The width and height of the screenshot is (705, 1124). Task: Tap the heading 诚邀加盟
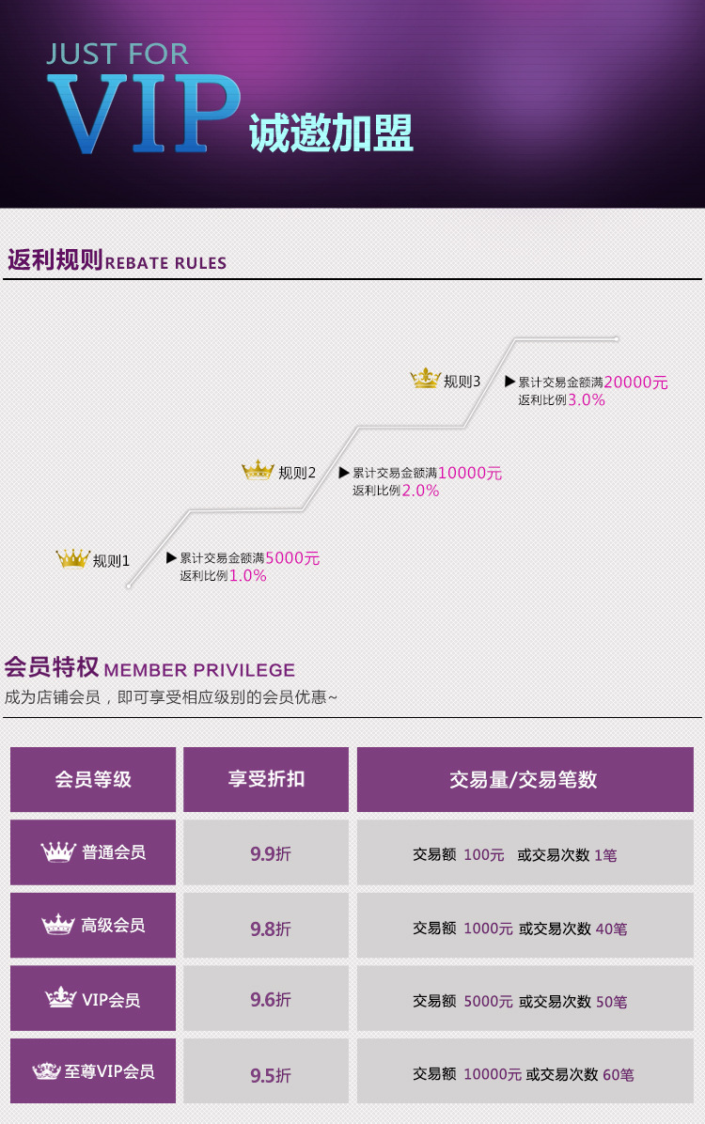coord(331,134)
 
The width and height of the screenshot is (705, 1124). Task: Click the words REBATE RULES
coord(165,263)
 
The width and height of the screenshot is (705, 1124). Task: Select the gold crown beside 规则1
coord(72,559)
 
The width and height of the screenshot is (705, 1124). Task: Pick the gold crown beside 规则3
coord(425,379)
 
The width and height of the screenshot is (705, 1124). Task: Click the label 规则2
coord(297,473)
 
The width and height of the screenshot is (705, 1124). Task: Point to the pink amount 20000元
coord(635,382)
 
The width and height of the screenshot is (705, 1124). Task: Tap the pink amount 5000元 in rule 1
coord(292,558)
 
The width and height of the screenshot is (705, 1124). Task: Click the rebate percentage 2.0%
coord(420,491)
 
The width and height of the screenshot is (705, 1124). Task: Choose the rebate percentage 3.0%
coord(587,399)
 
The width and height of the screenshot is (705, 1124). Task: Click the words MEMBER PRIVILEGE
coord(199,670)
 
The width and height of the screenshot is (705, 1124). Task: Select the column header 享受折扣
coord(266,779)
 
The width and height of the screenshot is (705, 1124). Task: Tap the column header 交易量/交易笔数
coord(524,779)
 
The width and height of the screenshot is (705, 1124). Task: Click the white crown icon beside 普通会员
coord(58,852)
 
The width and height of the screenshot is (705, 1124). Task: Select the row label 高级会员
coord(113,926)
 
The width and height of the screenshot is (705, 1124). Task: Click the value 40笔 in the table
coord(611,929)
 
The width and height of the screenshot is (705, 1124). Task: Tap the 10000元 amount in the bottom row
coord(492,1074)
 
